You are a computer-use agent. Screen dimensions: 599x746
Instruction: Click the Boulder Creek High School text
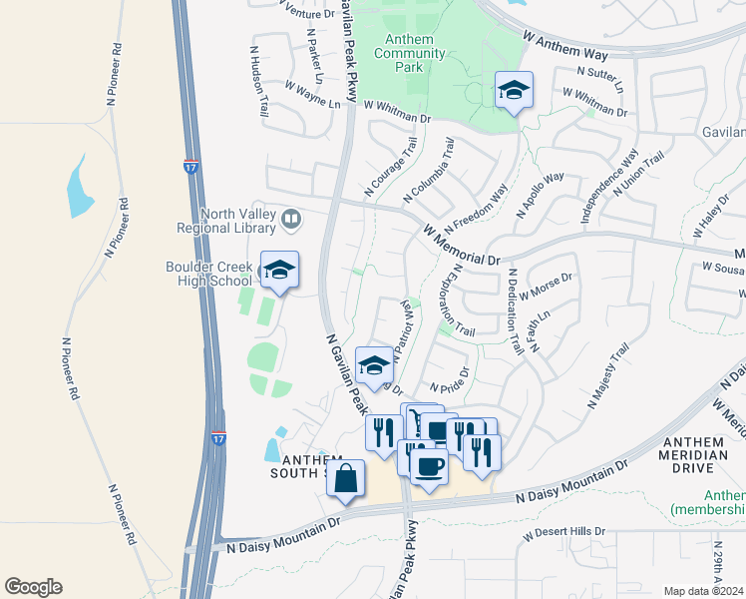tap(209, 274)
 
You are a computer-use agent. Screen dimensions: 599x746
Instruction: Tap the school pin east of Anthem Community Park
tap(514, 91)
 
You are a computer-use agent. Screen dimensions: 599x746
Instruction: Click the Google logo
tap(33, 586)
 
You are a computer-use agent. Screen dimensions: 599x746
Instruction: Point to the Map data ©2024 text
tap(703, 591)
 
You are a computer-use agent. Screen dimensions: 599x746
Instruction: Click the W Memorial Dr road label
tap(462, 245)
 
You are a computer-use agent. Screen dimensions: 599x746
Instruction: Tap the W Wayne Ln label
tap(312, 95)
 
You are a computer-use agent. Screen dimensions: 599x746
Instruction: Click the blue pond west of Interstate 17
tap(80, 188)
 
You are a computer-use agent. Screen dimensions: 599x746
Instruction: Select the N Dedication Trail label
tap(515, 311)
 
